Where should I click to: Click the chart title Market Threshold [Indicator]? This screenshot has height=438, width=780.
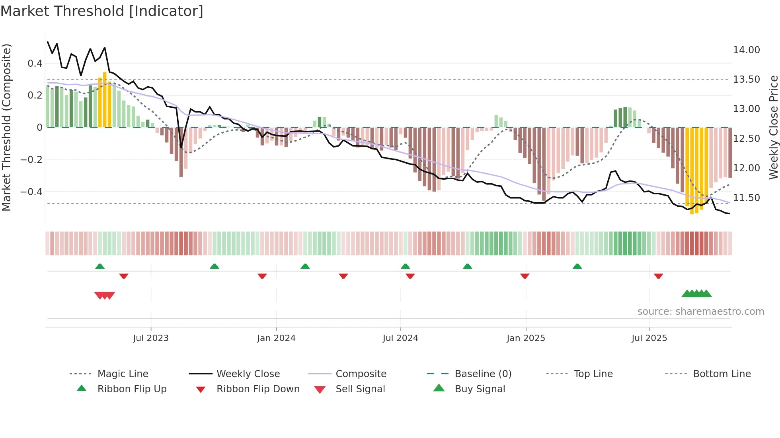pos(102,11)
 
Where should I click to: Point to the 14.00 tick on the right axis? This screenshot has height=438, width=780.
pos(746,50)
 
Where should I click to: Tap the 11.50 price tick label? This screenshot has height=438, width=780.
pos(746,198)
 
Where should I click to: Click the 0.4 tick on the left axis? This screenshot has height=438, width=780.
pos(35,64)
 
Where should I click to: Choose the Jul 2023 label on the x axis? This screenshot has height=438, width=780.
pos(151,338)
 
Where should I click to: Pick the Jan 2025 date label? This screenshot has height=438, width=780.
pos(526,338)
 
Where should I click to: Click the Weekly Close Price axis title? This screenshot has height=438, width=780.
pos(773,127)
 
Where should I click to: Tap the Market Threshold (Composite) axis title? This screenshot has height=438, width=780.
pos(6,127)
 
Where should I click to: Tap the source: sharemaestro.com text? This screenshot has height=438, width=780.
pos(700,312)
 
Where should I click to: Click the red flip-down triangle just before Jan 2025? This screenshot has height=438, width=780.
pos(525,276)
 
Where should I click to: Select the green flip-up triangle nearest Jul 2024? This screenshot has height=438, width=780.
pos(405,266)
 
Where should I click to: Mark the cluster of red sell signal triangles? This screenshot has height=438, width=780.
pos(105,295)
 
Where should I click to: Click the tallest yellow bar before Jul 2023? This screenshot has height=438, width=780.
pos(105,99)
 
